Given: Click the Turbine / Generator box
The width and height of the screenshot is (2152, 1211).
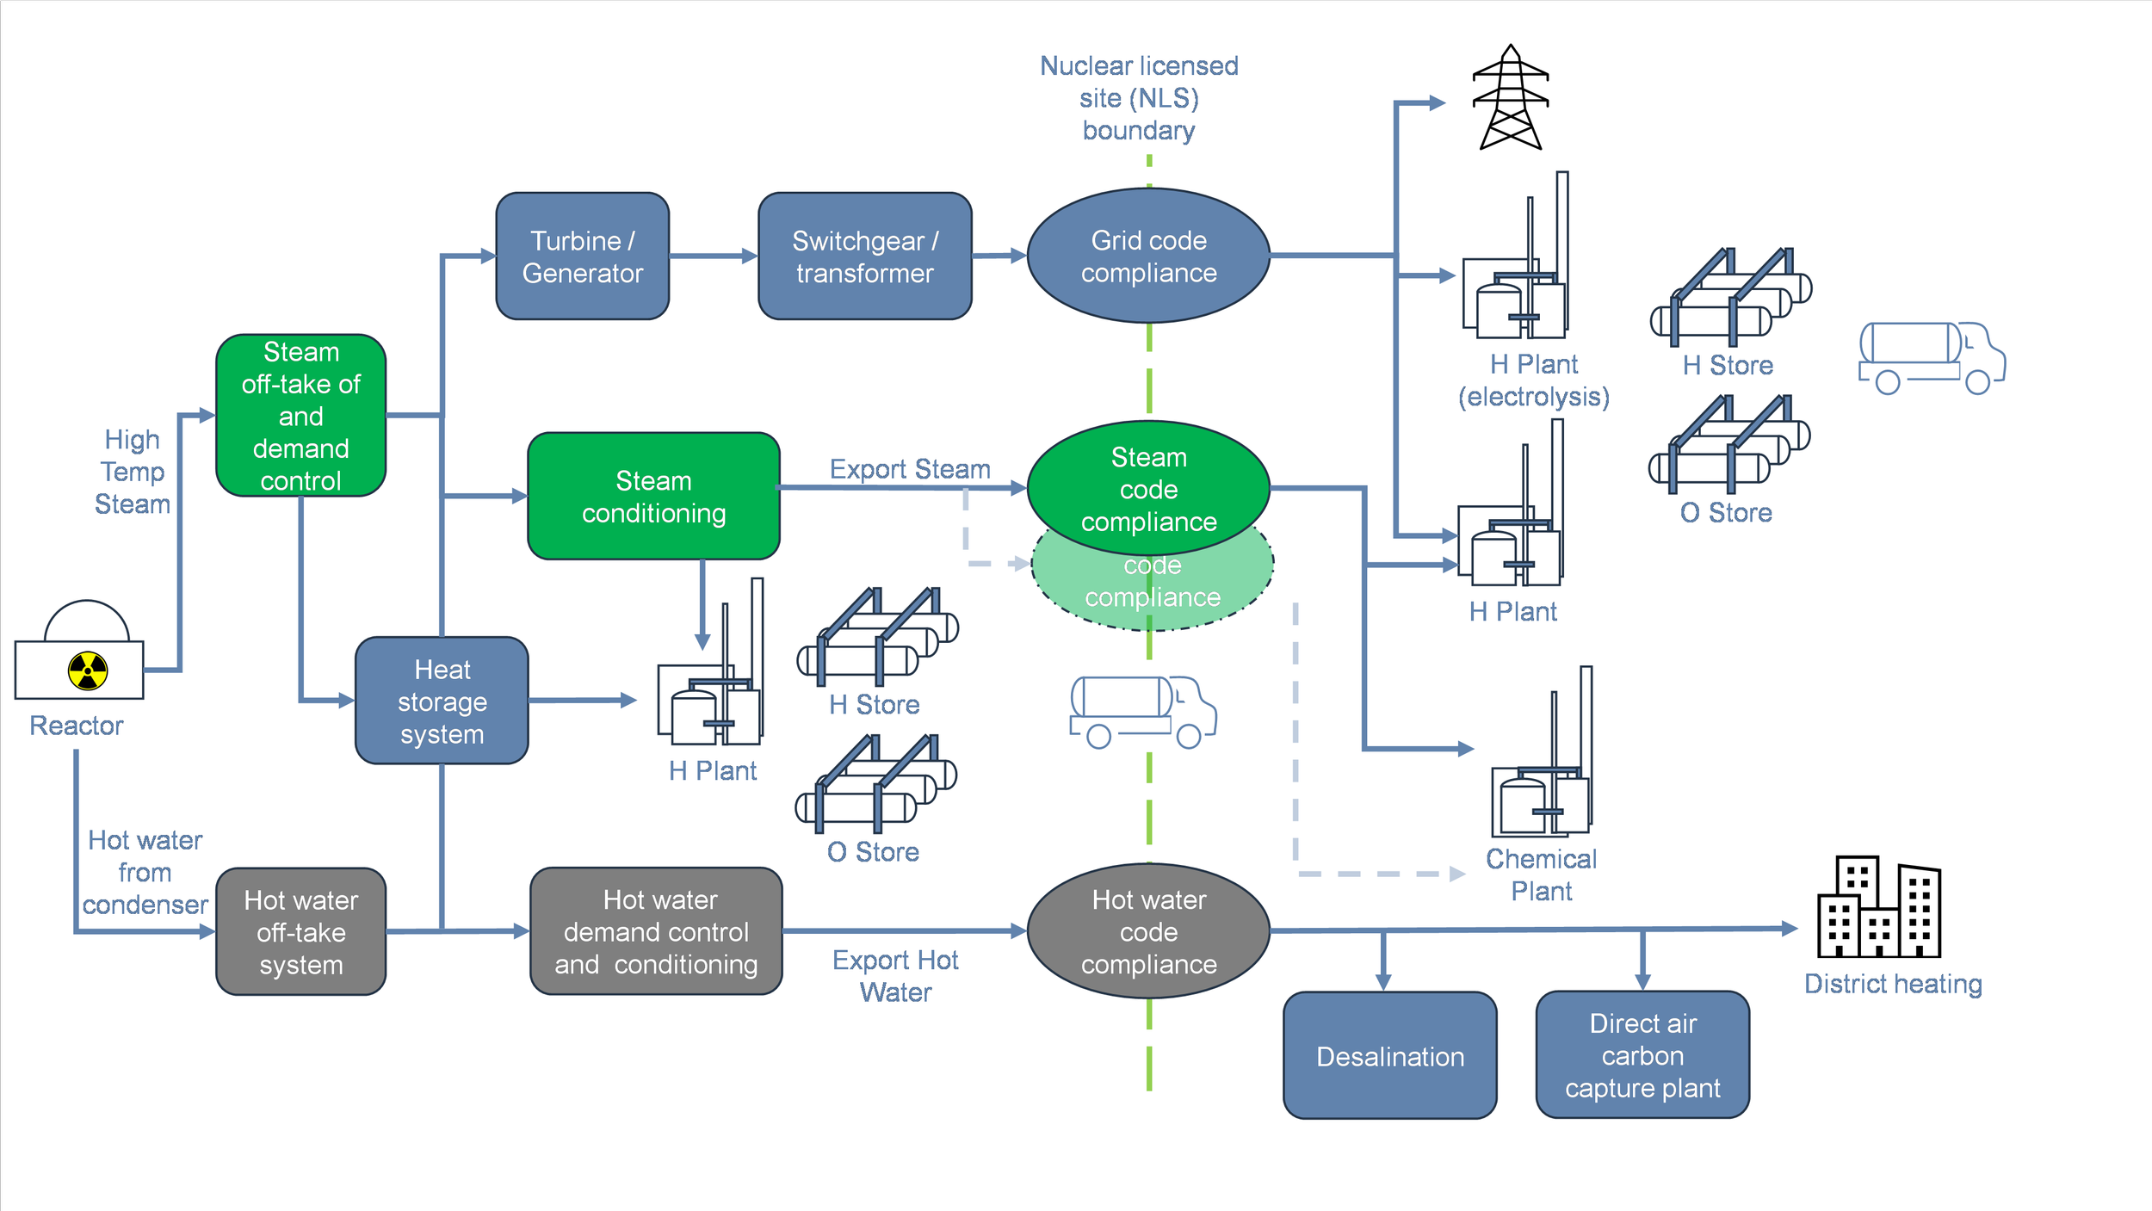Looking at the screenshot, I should pos(582,256).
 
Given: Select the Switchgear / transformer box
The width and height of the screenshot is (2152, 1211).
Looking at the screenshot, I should pos(864,256).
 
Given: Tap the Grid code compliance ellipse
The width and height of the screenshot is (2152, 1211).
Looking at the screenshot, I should pos(1148,256).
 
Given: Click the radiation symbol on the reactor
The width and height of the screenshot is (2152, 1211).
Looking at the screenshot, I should pos(88,670).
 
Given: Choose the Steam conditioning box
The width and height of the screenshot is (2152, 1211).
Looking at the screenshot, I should pos(653,497).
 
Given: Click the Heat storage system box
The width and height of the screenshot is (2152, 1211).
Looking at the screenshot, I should pos(442,701).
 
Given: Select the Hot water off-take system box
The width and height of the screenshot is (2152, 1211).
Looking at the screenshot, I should pos(300,932).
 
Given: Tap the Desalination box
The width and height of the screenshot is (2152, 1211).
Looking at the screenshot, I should pos(1389,1055).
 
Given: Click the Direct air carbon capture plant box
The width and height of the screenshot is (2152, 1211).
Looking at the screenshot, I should pos(1642,1055).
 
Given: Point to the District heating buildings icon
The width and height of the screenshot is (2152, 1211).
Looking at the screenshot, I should pos(1879,907).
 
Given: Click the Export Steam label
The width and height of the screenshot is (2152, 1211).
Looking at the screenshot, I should pos(910,469).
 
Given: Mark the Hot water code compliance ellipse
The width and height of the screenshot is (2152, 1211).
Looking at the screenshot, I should pos(1148,931).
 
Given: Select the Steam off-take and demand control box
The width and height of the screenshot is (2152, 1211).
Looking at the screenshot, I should pos(300,416).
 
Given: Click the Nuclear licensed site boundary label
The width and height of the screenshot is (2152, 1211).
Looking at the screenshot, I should pos(1138,98).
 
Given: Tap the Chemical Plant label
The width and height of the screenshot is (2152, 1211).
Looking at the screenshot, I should pos(1541,874).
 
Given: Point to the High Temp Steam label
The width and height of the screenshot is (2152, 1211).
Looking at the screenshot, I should pos(132,472).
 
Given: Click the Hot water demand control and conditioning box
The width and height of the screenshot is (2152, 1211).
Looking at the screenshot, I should pos(656,932).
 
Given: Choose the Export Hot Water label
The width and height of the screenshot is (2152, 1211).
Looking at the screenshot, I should pos(895,976).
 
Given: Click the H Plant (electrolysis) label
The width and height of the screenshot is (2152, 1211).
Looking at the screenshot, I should pos(1533,380).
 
